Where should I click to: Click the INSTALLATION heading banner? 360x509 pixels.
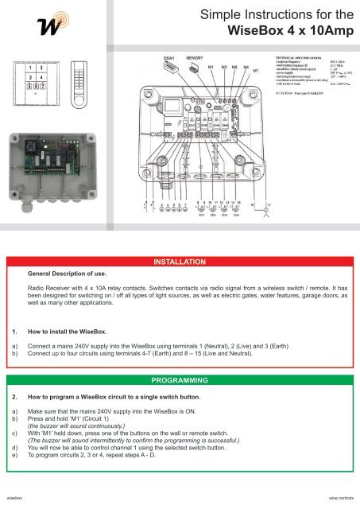[x=180, y=261]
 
